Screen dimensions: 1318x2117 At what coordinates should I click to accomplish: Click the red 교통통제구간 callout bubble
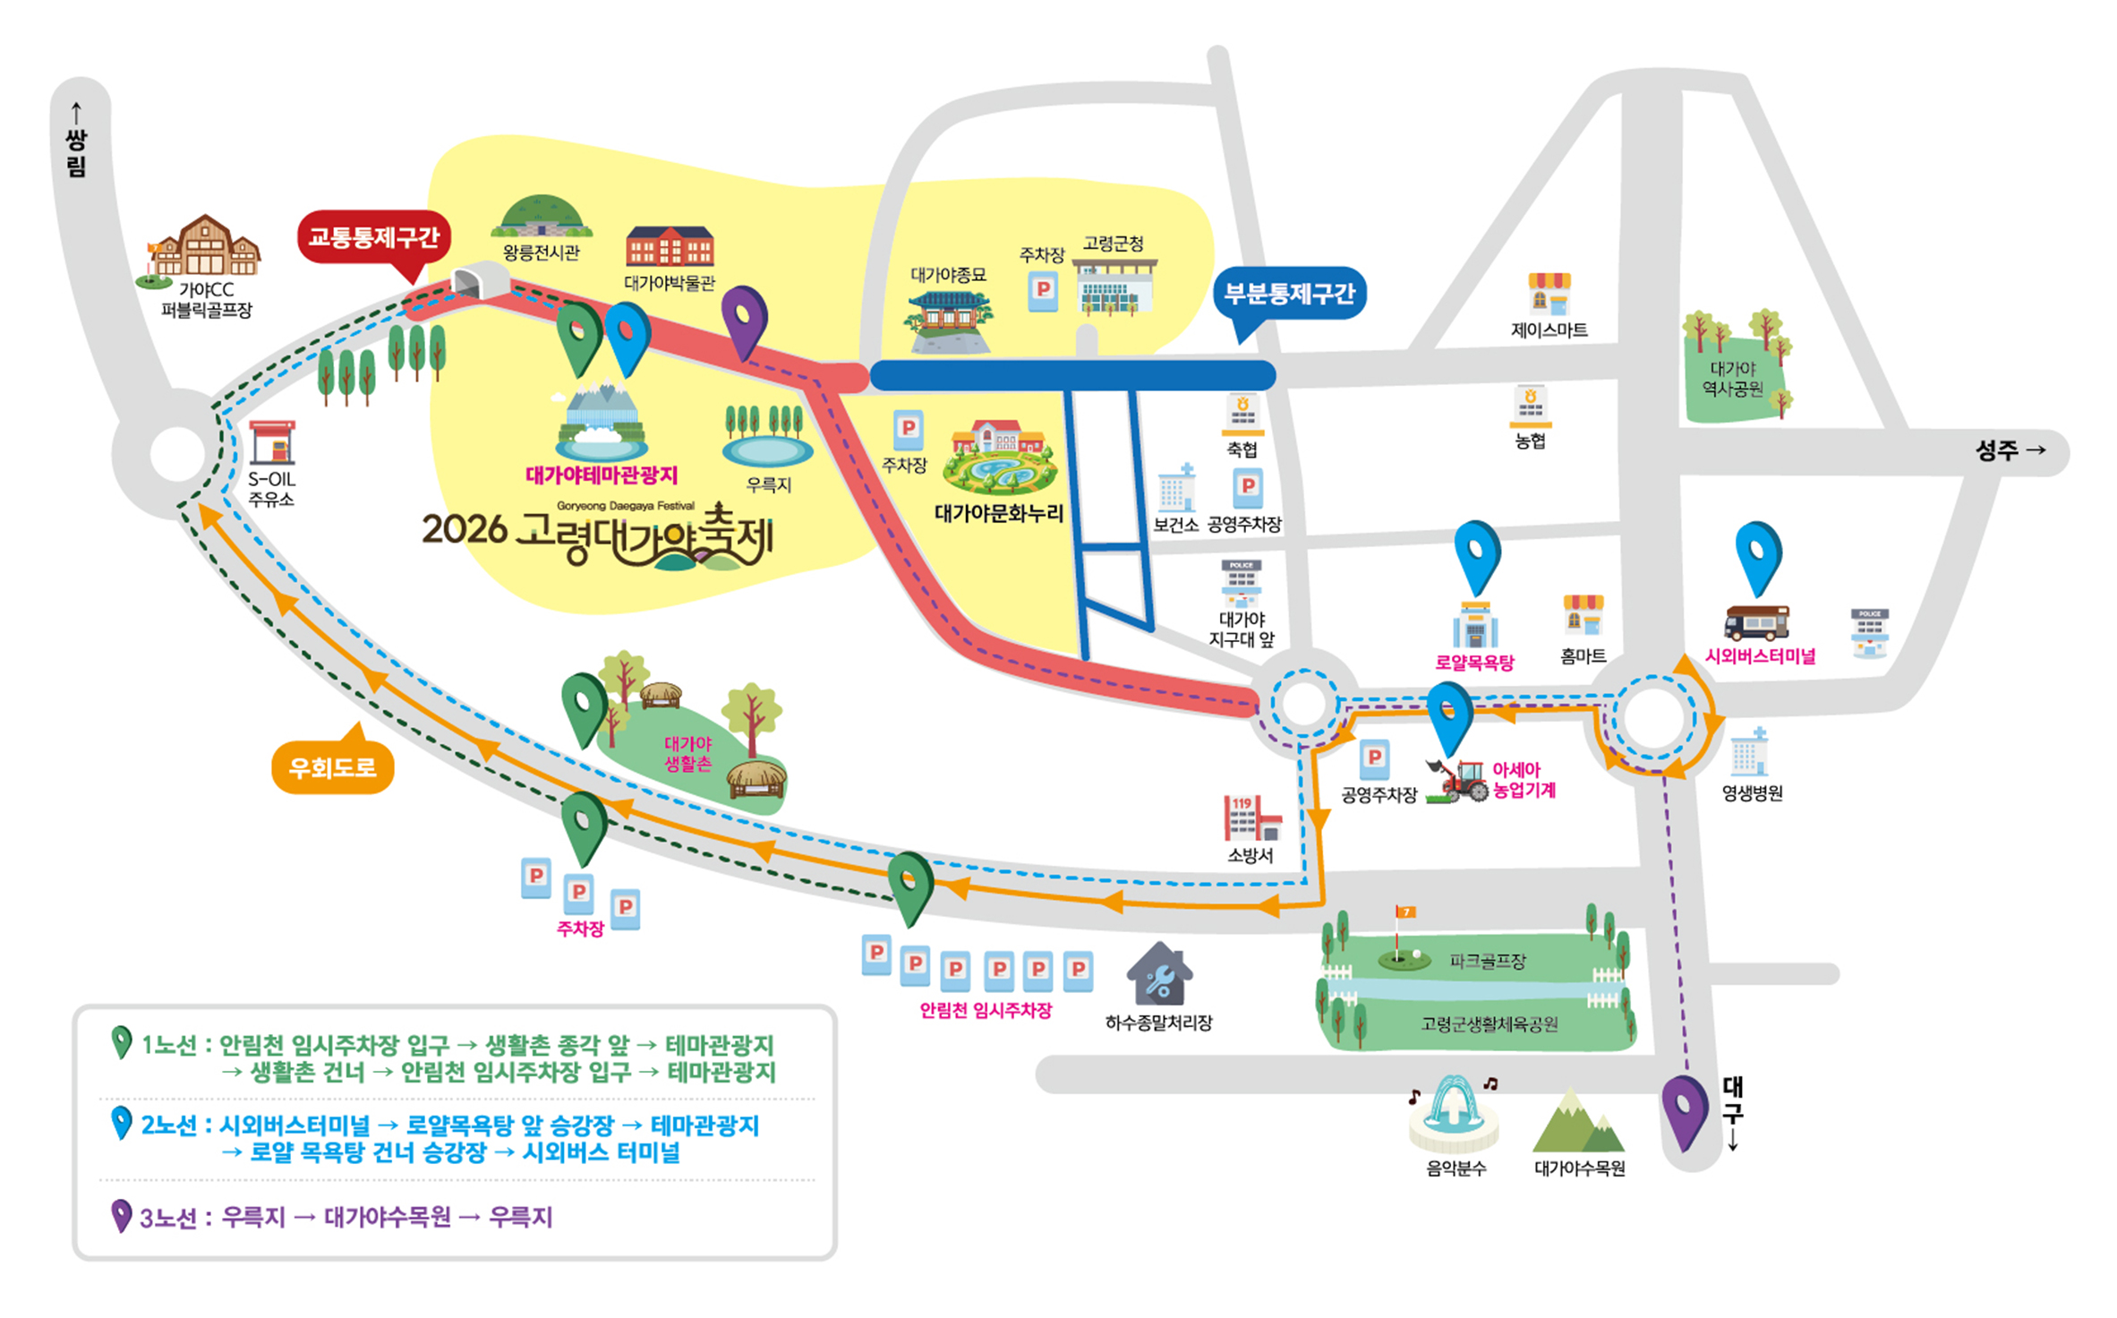[x=374, y=237]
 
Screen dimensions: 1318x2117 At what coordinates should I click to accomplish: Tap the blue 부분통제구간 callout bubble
[x=1289, y=294]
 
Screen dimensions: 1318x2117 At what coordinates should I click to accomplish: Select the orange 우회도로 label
[x=332, y=767]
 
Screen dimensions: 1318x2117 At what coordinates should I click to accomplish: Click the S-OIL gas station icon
[x=272, y=442]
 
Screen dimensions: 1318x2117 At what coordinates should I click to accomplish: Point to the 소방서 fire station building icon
[x=1251, y=818]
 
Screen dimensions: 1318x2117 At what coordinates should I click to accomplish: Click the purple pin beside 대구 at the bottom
[x=1685, y=1110]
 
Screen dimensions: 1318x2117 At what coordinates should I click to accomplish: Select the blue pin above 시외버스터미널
[x=1758, y=555]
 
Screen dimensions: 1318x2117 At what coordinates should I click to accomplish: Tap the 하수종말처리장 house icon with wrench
[x=1159, y=976]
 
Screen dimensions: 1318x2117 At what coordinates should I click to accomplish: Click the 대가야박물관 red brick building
[x=670, y=247]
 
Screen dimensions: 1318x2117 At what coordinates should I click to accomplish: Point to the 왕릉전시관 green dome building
[x=542, y=217]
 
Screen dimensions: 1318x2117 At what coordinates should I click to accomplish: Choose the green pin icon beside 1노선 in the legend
[x=121, y=1042]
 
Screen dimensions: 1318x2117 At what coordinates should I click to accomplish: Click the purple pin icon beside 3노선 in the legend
[x=121, y=1215]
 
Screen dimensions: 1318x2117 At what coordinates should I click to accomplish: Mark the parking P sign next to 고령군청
[x=1043, y=291]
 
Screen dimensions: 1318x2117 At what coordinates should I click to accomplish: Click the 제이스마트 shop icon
[x=1549, y=294]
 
